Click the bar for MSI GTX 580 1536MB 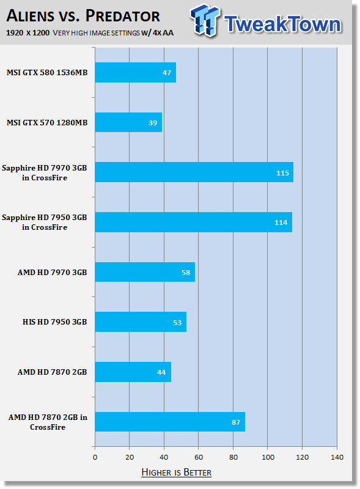coord(136,72)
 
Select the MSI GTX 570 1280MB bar coord(128,122)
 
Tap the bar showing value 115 coord(194,172)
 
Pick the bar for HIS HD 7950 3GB coord(141,322)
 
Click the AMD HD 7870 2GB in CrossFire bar coord(170,422)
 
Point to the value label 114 coord(281,222)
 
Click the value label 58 coord(186,273)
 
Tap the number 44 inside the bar coord(161,372)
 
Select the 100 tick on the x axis coord(268,457)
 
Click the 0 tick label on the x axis coord(95,457)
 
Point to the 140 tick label coord(337,457)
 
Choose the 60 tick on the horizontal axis coord(199,457)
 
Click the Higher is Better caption coord(176,472)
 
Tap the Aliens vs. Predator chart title coord(83,16)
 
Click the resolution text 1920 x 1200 coord(28,33)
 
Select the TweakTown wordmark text coord(282,24)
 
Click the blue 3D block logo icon coord(205,20)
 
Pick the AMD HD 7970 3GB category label coord(52,272)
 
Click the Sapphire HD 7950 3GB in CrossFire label coord(44,222)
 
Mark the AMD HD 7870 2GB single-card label coord(52,372)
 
